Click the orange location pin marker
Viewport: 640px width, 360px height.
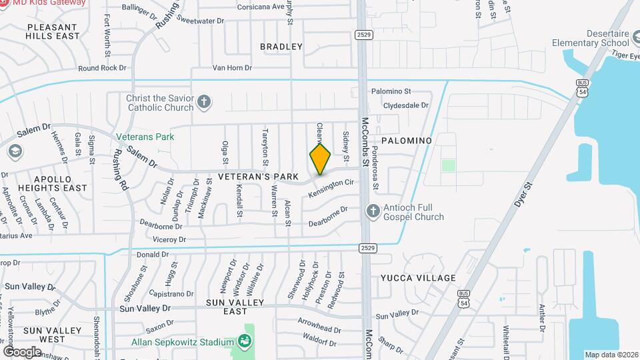(x=320, y=159)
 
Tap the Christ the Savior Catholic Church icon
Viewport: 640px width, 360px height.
(x=205, y=103)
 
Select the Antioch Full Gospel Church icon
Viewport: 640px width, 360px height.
(x=373, y=212)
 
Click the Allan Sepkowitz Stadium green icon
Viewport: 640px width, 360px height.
(x=245, y=342)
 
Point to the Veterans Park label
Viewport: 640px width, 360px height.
(x=145, y=137)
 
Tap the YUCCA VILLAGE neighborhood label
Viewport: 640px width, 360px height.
(x=418, y=278)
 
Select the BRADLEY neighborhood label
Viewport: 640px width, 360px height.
(x=281, y=47)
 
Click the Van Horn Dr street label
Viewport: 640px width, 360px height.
(x=232, y=68)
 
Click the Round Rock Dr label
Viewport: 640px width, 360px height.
(x=102, y=68)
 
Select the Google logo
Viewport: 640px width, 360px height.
(x=22, y=351)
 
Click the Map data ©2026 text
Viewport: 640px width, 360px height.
(x=611, y=355)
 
